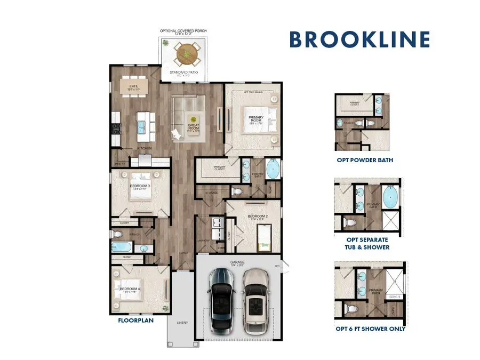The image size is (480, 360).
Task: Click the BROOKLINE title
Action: point(360,40)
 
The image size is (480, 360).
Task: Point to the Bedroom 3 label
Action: point(140,187)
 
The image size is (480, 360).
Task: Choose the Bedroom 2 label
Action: point(257,217)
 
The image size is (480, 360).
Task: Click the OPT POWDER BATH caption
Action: point(365,160)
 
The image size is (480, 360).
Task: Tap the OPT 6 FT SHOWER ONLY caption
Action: point(371,329)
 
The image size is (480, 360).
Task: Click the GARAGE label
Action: point(238,262)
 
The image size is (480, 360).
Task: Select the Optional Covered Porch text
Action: point(184,31)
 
